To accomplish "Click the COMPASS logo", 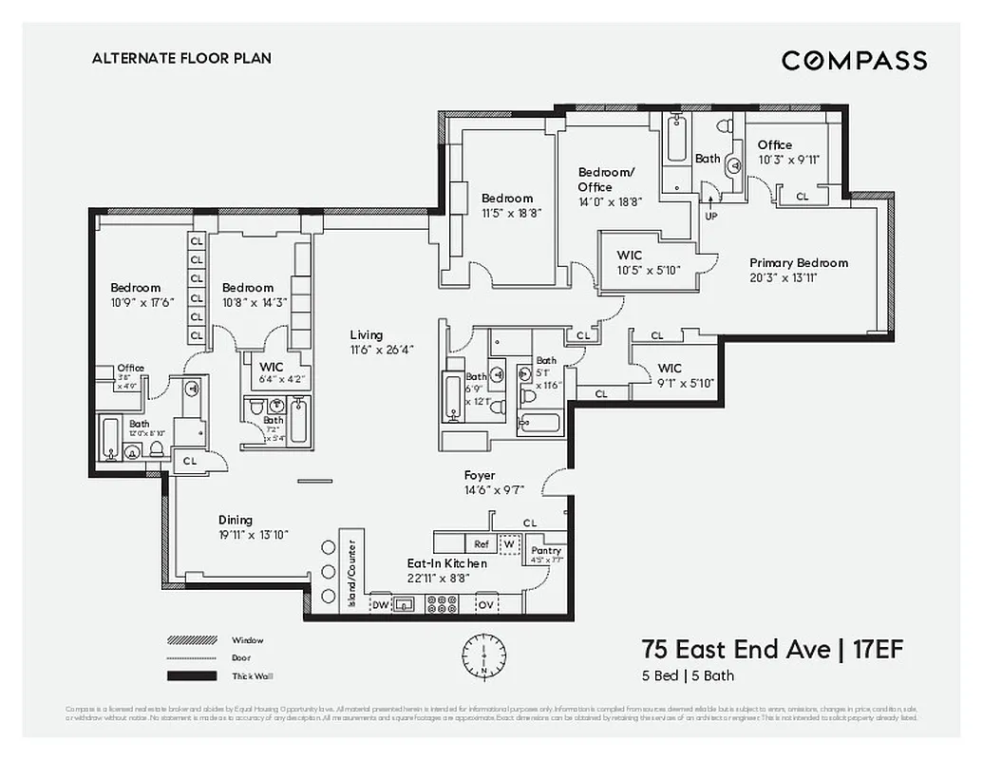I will click(854, 61).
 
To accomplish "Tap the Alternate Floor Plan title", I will click(181, 58).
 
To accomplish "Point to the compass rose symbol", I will click(483, 655).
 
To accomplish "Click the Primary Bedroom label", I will click(798, 263).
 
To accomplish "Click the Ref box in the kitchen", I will click(481, 544).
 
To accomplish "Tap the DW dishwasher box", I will click(380, 604).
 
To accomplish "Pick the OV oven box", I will click(486, 604).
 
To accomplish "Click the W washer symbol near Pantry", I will click(511, 544).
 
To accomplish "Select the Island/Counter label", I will click(350, 575).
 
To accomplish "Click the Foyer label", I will click(480, 476).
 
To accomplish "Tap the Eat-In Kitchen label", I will click(446, 563).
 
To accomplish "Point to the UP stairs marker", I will click(710, 216).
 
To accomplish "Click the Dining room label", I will click(236, 520).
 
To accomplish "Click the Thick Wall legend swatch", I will click(193, 676).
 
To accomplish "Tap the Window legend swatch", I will click(193, 640).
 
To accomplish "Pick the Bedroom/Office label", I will click(605, 180).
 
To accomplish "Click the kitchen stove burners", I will click(442, 604).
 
